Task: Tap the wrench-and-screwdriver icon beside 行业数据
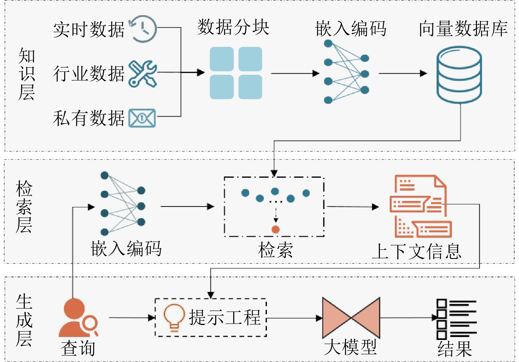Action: [143, 74]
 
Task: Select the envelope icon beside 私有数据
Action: [142, 118]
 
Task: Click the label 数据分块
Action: [233, 27]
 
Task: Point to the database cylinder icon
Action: [459, 74]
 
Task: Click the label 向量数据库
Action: [463, 28]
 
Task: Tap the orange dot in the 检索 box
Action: [275, 229]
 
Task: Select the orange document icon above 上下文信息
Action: [421, 206]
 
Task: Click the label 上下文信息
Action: [417, 251]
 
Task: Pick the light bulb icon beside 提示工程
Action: [174, 318]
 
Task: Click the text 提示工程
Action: [225, 317]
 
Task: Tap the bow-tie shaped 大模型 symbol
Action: [351, 318]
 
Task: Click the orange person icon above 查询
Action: [78, 318]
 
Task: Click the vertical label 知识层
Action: [27, 74]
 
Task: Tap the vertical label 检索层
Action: [24, 207]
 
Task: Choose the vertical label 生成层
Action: [24, 320]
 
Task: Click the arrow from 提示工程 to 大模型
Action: [295, 318]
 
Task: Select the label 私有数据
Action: [89, 118]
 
